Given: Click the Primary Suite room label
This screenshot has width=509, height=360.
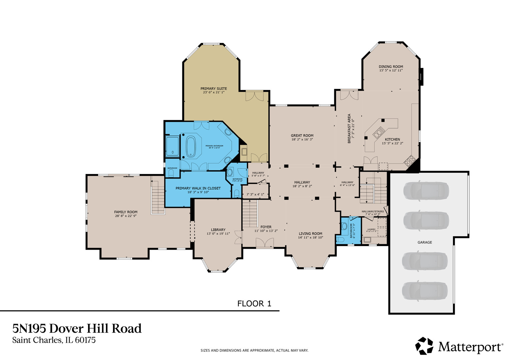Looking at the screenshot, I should pos(214,89).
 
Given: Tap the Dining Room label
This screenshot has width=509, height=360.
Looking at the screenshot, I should pos(391,67).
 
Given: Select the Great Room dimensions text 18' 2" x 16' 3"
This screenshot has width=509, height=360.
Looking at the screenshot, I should pos(302,140).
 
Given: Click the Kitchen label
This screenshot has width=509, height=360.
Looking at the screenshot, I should pos(392,139).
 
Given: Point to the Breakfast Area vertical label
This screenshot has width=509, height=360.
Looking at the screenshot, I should pos(349,128).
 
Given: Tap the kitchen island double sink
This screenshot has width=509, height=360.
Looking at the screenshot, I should pos(378,134).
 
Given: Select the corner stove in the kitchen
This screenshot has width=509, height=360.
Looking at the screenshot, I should pos(409,161).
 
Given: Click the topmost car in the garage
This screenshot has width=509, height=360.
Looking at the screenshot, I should pos(426,191).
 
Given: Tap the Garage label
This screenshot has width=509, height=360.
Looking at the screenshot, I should pos(425,242).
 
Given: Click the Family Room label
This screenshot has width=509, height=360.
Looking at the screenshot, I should pos(126,212).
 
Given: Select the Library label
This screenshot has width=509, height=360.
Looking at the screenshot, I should pos(218,230).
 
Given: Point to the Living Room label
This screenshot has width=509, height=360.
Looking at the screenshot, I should pos(310,234).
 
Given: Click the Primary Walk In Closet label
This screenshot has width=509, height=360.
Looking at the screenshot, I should pos(198,188).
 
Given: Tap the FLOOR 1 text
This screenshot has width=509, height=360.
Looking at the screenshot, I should pos(254,304).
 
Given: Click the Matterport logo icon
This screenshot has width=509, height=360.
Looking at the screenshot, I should pos(424,346).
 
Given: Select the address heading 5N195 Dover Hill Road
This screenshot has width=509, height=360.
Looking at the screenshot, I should pos(77,329).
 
